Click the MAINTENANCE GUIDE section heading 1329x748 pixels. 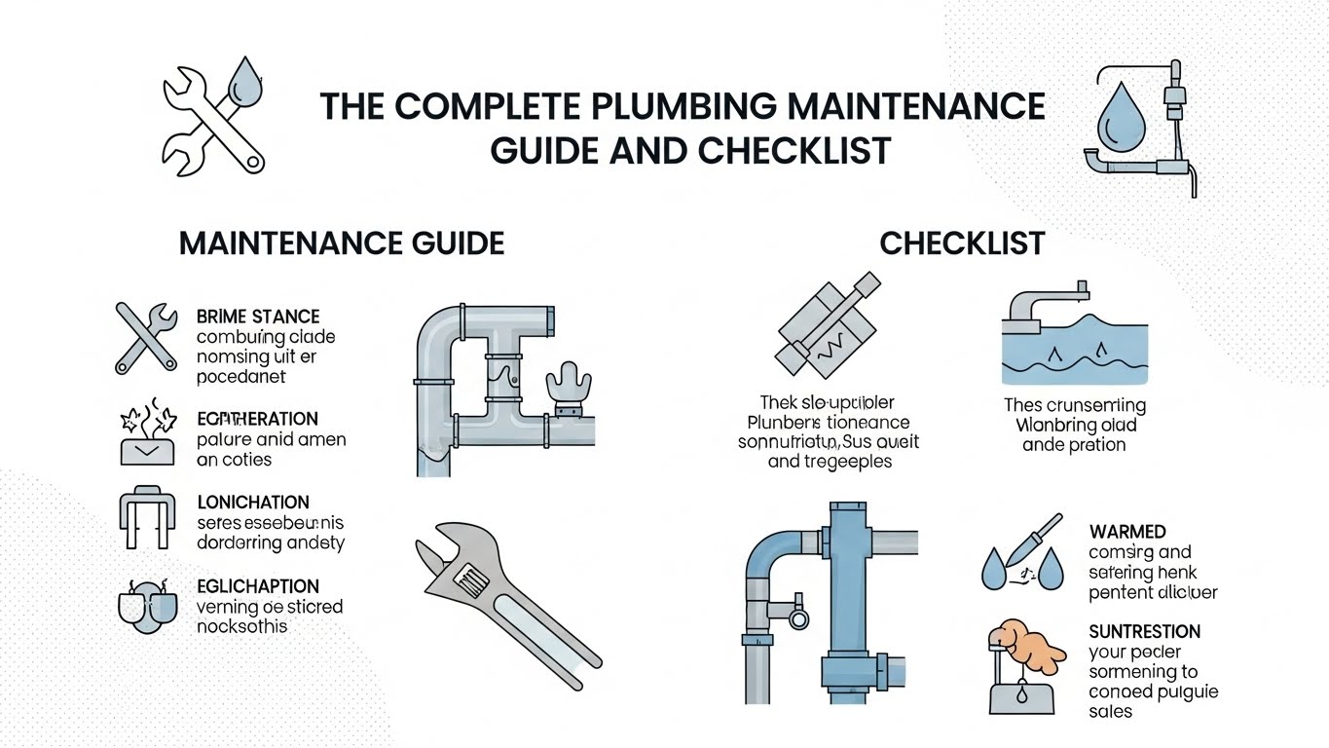point(342,243)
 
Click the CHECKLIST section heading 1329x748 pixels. point(962,243)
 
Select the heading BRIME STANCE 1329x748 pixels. point(258,317)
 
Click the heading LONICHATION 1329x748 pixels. point(253,503)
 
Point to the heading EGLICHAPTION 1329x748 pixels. point(258,586)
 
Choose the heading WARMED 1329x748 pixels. point(1127,532)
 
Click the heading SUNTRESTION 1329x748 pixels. point(1144,631)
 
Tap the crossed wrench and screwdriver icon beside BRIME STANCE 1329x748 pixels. point(146,337)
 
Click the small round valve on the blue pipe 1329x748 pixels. point(798,617)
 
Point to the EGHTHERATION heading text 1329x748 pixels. point(257,419)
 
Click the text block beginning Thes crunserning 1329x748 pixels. point(1075,425)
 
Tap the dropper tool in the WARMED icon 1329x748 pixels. point(1032,540)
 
